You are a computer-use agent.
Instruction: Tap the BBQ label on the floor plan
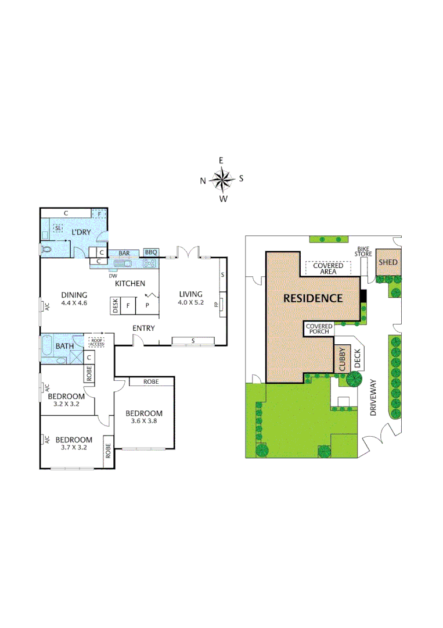(151, 252)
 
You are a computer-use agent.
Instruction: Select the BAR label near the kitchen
(124, 253)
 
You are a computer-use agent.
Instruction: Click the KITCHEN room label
(129, 283)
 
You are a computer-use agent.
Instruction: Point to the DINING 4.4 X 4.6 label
(74, 298)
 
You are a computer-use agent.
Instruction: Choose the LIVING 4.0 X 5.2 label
(190, 298)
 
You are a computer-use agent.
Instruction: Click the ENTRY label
(143, 329)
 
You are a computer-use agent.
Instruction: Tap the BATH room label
(64, 347)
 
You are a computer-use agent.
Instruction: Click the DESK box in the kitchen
(116, 306)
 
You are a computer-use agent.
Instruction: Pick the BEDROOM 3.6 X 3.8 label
(143, 418)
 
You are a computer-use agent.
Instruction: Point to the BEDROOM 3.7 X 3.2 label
(74, 444)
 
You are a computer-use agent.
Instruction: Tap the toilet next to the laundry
(46, 249)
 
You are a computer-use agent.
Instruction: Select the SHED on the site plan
(388, 262)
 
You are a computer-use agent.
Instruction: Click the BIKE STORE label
(363, 252)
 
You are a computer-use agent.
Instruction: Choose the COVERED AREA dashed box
(329, 268)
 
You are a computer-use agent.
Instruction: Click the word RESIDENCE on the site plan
(312, 298)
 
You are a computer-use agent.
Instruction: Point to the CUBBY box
(342, 359)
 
